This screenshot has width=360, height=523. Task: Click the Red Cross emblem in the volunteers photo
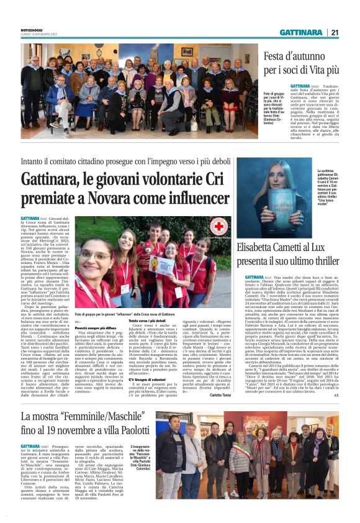217,225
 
